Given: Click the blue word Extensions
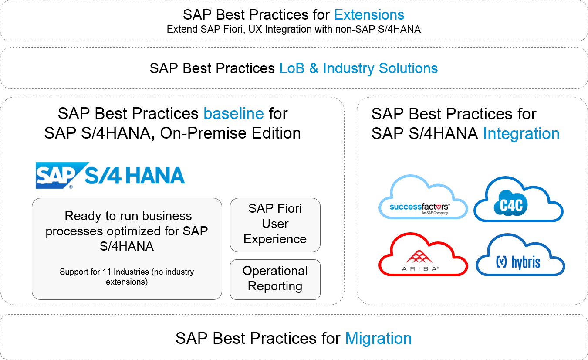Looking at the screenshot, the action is pos(369,15).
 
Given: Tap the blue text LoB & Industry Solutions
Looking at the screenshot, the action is pos(358,68).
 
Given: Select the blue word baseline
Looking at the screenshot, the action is pos(233,113).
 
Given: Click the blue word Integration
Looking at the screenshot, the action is pos(521,134).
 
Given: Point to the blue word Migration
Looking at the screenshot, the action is pos(378,338).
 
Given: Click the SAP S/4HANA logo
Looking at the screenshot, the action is pos(110,175).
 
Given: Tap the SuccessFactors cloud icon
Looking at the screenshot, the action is pos(423,197).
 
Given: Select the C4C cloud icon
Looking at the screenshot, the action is pos(518,199).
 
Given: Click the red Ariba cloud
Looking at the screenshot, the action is pos(423,254).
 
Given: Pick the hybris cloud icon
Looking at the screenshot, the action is pos(520,255).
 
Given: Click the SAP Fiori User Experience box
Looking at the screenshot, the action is pos(275,225).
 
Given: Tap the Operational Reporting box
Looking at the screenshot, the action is pos(275,279).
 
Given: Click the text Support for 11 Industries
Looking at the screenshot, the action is pos(105,272).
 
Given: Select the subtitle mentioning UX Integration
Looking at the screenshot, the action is pos(294,29).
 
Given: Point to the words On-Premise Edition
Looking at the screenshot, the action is pos(230,133).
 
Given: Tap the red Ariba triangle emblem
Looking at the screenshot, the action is pos(419,256).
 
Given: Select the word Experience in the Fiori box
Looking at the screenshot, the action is pos(275,239).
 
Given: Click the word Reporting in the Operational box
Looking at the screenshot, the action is pos(275,286).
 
